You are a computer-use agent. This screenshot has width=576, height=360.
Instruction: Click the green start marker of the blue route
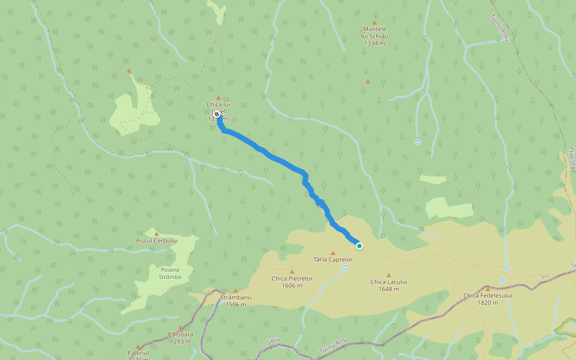[359, 245]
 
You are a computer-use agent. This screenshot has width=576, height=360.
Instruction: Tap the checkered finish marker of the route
[217, 113]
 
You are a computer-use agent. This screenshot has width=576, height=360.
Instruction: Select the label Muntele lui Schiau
[375, 32]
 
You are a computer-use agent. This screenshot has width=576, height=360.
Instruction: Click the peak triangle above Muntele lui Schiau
[375, 23]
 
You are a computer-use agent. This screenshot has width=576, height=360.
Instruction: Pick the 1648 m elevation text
[389, 289]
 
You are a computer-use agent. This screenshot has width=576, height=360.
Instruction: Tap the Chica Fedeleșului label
[488, 295]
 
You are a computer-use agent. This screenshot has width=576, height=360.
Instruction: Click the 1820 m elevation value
[488, 302]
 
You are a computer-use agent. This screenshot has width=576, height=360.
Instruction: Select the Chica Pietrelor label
[292, 278]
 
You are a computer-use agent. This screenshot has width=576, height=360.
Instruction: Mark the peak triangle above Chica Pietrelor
[292, 271]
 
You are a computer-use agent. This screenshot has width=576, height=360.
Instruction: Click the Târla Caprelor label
[333, 260]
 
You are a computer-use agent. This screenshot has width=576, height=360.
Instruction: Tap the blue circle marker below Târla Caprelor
[346, 268]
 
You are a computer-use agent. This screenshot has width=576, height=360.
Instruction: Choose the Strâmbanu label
[236, 298]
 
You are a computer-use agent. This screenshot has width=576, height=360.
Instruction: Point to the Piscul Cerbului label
[157, 241]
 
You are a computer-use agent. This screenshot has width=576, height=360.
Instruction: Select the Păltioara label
[179, 335]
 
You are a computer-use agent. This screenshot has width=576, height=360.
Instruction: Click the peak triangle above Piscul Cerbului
[157, 233]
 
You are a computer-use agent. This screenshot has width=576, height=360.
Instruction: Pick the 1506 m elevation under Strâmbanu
[236, 304]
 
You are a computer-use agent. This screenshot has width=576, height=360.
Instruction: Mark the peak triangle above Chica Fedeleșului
[487, 289]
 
